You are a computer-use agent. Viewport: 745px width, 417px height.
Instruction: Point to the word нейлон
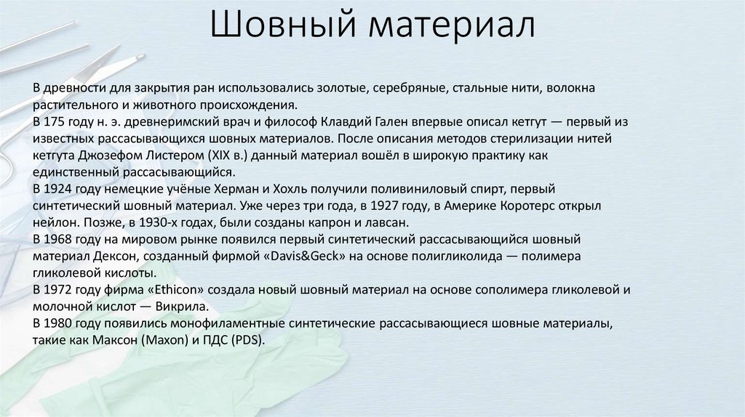(53, 222)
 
